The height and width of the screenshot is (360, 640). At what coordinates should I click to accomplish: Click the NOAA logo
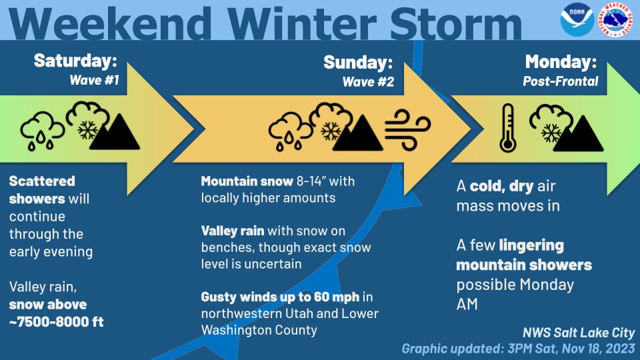pos(577,19)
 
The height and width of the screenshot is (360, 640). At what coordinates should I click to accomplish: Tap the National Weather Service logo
pos(615,19)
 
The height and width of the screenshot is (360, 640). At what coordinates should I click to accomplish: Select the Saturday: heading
pos(75,61)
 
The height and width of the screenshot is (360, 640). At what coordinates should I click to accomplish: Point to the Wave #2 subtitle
pos(368,81)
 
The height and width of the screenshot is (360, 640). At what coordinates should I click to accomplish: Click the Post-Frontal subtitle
pos(561,81)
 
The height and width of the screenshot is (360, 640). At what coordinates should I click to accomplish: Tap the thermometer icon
pos(508,128)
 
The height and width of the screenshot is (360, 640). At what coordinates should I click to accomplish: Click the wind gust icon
pos(407,129)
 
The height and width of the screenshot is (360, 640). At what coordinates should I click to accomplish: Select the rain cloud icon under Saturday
pos(43,130)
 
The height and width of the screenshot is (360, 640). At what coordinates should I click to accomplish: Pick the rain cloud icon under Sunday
pos(291,131)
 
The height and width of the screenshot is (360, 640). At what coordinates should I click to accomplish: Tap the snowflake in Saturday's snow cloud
pos(88,130)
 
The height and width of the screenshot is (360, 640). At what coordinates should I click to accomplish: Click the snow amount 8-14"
pos(311,181)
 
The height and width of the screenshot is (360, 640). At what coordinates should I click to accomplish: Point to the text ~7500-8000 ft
pos(56,321)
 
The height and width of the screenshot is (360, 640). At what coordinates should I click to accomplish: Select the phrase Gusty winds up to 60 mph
pos(280,297)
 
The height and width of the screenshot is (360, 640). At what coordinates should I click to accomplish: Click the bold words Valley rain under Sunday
pos(233,231)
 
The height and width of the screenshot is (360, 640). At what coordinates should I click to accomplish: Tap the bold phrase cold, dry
pos(501,186)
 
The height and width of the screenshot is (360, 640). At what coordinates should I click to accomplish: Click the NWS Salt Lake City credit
pos(579,333)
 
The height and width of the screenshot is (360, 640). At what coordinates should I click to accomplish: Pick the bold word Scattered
pos(42,181)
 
